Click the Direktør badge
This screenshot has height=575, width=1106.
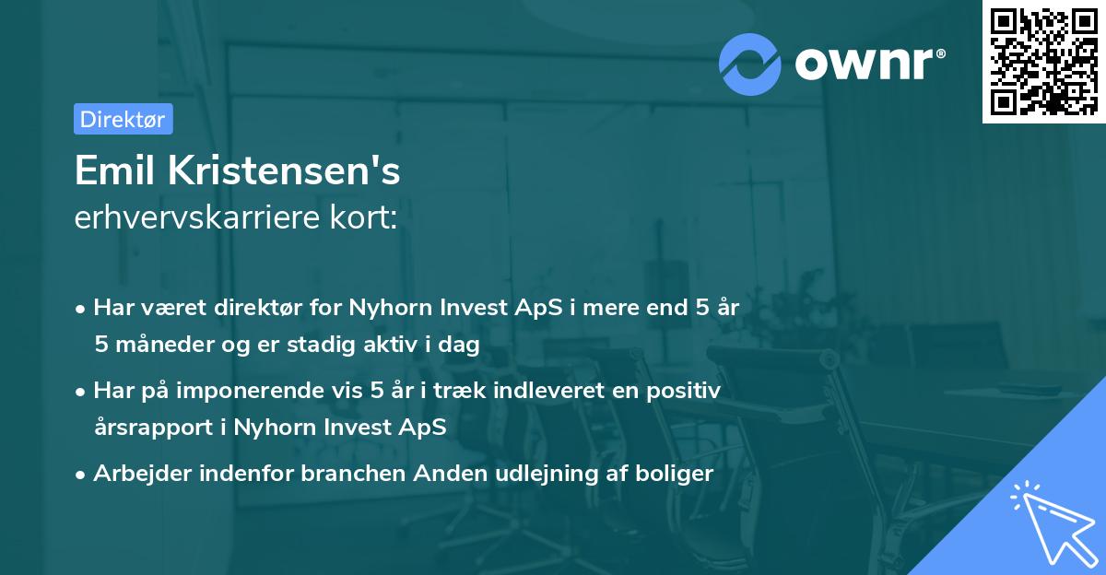[x=123, y=119]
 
